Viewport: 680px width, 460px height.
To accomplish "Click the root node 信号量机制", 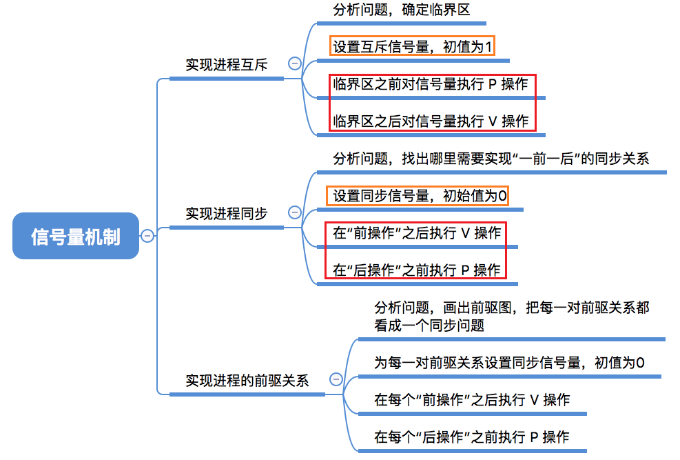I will click(x=76, y=237).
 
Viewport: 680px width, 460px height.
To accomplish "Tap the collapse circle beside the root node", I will click(x=147, y=237).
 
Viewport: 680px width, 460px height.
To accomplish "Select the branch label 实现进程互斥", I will click(x=226, y=65).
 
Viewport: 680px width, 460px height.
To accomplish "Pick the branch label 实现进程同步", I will click(x=226, y=213).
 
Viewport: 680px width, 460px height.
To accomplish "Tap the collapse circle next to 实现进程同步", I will click(x=295, y=212).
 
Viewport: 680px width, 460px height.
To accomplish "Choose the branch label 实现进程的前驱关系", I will click(x=247, y=380).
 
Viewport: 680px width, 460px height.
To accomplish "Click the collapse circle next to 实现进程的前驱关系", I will click(x=336, y=379).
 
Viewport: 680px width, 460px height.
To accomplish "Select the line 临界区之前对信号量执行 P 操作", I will click(x=431, y=84).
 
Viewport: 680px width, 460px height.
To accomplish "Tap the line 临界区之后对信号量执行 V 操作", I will click(x=431, y=121).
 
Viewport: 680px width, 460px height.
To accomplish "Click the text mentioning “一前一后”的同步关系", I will click(x=491, y=159).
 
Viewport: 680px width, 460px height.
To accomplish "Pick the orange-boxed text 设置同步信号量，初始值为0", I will click(x=420, y=196).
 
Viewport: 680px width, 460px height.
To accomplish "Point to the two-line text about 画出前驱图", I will click(x=511, y=317).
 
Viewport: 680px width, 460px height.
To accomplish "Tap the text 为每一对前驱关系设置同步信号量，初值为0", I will click(x=509, y=363).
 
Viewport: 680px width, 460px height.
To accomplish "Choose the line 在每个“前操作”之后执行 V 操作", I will click(x=472, y=400).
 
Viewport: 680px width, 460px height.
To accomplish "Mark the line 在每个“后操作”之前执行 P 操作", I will click(x=472, y=437).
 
